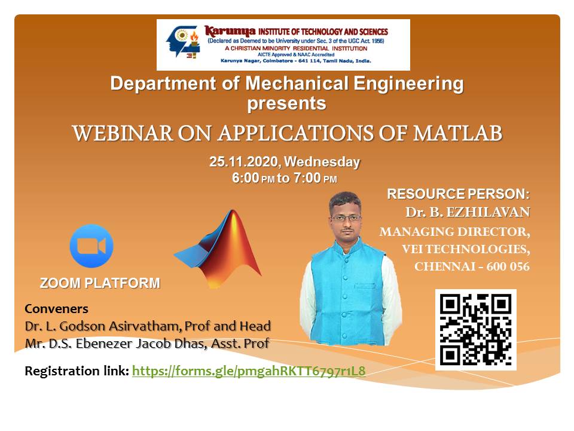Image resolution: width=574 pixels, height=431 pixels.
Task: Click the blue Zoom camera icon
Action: click(91, 245)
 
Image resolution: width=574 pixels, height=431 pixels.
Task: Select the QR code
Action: click(476, 330)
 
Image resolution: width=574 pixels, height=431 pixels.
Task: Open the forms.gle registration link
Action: click(248, 371)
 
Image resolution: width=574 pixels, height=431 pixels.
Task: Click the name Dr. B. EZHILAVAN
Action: click(468, 212)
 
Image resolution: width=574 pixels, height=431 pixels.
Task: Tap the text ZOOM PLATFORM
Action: click(100, 283)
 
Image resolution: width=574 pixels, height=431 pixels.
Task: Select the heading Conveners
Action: click(56, 309)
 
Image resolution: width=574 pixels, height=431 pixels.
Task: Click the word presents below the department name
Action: click(287, 104)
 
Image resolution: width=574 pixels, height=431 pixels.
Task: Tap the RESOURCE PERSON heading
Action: click(457, 194)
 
